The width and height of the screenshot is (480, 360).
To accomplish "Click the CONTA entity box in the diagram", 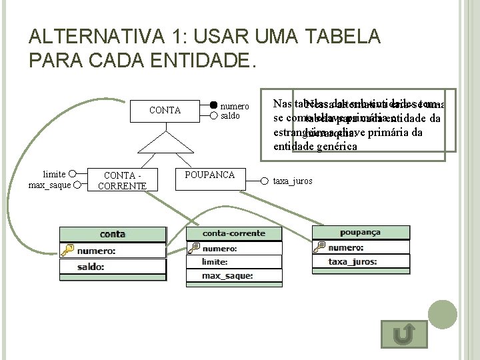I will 165,110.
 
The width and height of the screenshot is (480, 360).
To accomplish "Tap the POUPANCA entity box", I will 210,175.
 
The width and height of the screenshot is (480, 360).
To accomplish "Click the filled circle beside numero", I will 213,105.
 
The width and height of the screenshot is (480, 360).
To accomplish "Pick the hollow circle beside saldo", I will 213,115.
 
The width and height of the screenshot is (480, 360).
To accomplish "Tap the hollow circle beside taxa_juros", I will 264,181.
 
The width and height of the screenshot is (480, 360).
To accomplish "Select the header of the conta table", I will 113,234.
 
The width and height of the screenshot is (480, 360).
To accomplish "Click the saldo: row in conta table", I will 113,267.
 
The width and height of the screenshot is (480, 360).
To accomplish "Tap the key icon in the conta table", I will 67,251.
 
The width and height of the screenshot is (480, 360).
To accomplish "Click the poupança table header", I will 359,232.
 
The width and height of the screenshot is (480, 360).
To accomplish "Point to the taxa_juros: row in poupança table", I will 359,262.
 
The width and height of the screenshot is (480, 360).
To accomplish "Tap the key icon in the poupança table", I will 320,247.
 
